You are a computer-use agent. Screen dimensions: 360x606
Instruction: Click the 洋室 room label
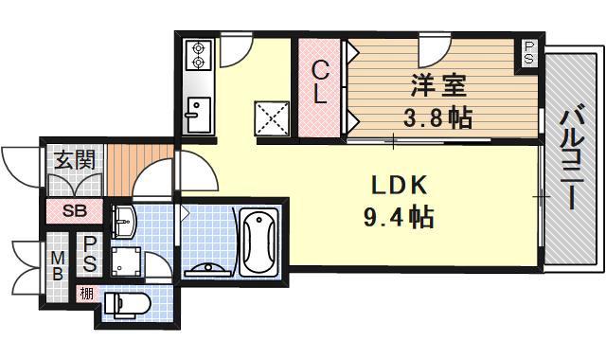point(437,85)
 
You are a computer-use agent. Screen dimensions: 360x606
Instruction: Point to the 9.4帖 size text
point(397,219)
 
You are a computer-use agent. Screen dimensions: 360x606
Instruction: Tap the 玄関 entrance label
point(72,160)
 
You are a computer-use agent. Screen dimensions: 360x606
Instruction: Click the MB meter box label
point(56,264)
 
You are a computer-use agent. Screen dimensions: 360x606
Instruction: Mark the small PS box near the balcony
point(527,53)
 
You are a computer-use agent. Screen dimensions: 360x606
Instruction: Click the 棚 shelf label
point(86,294)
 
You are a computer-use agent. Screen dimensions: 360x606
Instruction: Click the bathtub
point(258,241)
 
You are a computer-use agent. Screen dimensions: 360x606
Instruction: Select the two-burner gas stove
point(200,56)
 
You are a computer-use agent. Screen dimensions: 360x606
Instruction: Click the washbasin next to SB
point(124,224)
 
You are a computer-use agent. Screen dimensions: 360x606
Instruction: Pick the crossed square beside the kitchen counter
point(272,117)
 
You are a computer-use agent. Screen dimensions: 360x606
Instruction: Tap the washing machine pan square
point(126,262)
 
